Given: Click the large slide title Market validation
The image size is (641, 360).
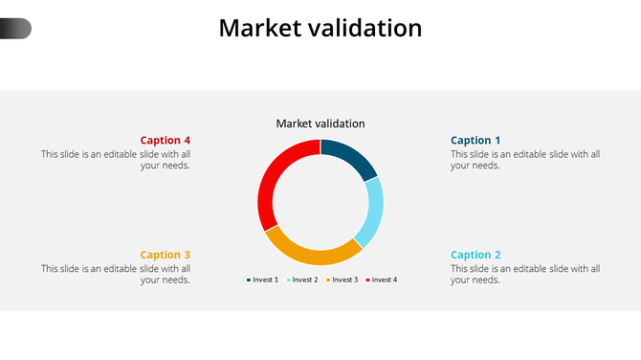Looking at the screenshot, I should point(320,29).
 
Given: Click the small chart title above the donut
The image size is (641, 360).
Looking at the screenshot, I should point(320,124).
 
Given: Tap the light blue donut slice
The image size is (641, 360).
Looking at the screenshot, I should point(372,212).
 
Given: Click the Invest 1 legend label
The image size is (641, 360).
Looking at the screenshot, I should point(265,280).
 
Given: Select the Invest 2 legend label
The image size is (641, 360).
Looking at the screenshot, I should point(304,280).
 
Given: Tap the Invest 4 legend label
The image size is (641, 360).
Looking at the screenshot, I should point(384,280).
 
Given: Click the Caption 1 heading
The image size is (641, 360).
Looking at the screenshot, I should point(475,141).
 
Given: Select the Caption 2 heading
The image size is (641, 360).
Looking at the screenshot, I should point(475,255).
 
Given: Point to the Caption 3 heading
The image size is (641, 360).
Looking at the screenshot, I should point(166,255).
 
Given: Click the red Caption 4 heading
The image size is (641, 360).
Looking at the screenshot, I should point(166,141).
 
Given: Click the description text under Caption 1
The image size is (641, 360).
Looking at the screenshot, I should point(525,159).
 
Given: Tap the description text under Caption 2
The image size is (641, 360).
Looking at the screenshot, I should point(525,274).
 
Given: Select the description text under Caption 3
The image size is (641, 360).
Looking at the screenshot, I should point(116,274).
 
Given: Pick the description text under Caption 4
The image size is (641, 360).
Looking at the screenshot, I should point(116,159).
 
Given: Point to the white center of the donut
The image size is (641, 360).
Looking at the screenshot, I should point(320,202).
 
